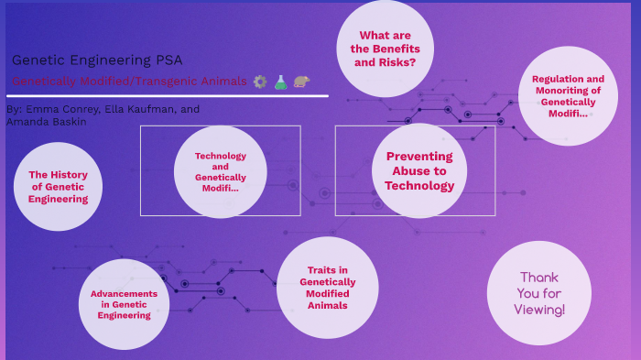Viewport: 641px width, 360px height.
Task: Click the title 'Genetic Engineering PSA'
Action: (84, 60)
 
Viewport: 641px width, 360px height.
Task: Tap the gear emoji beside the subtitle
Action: (259, 82)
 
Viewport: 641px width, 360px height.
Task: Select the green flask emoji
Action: (281, 82)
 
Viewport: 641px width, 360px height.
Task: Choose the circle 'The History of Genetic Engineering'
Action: (59, 186)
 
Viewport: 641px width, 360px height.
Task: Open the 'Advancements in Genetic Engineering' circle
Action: (124, 304)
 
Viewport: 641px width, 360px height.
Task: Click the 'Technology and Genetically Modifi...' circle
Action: (220, 171)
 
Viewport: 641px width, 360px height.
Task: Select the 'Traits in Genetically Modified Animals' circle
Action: (328, 287)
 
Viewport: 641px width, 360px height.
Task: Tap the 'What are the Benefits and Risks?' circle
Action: (384, 49)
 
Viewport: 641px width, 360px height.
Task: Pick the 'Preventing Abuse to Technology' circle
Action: (419, 171)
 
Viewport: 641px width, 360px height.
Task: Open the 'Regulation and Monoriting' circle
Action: (568, 95)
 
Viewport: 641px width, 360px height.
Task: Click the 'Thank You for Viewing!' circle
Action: (539, 293)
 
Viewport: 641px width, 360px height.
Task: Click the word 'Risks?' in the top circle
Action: (399, 62)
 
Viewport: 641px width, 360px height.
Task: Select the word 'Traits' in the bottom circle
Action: (328, 269)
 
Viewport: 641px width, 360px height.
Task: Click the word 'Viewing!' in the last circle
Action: (539, 310)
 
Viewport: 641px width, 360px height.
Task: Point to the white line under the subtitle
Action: (165, 95)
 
